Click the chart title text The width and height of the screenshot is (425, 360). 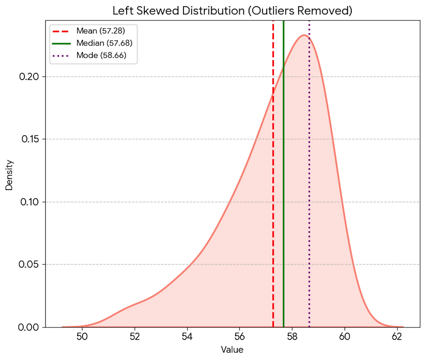click(x=232, y=11)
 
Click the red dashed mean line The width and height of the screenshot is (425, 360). click(x=273, y=173)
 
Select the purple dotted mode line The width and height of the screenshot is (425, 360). click(x=309, y=173)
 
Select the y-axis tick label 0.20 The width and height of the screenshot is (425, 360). click(x=29, y=77)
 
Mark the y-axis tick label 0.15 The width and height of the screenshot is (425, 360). click(x=29, y=139)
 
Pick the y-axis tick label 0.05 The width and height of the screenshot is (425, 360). click(x=29, y=264)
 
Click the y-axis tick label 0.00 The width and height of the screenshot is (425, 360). click(x=29, y=327)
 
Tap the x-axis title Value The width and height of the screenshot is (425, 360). click(x=232, y=350)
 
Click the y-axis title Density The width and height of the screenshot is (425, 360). click(x=9, y=175)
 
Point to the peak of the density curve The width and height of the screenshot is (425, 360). click(x=304, y=35)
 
